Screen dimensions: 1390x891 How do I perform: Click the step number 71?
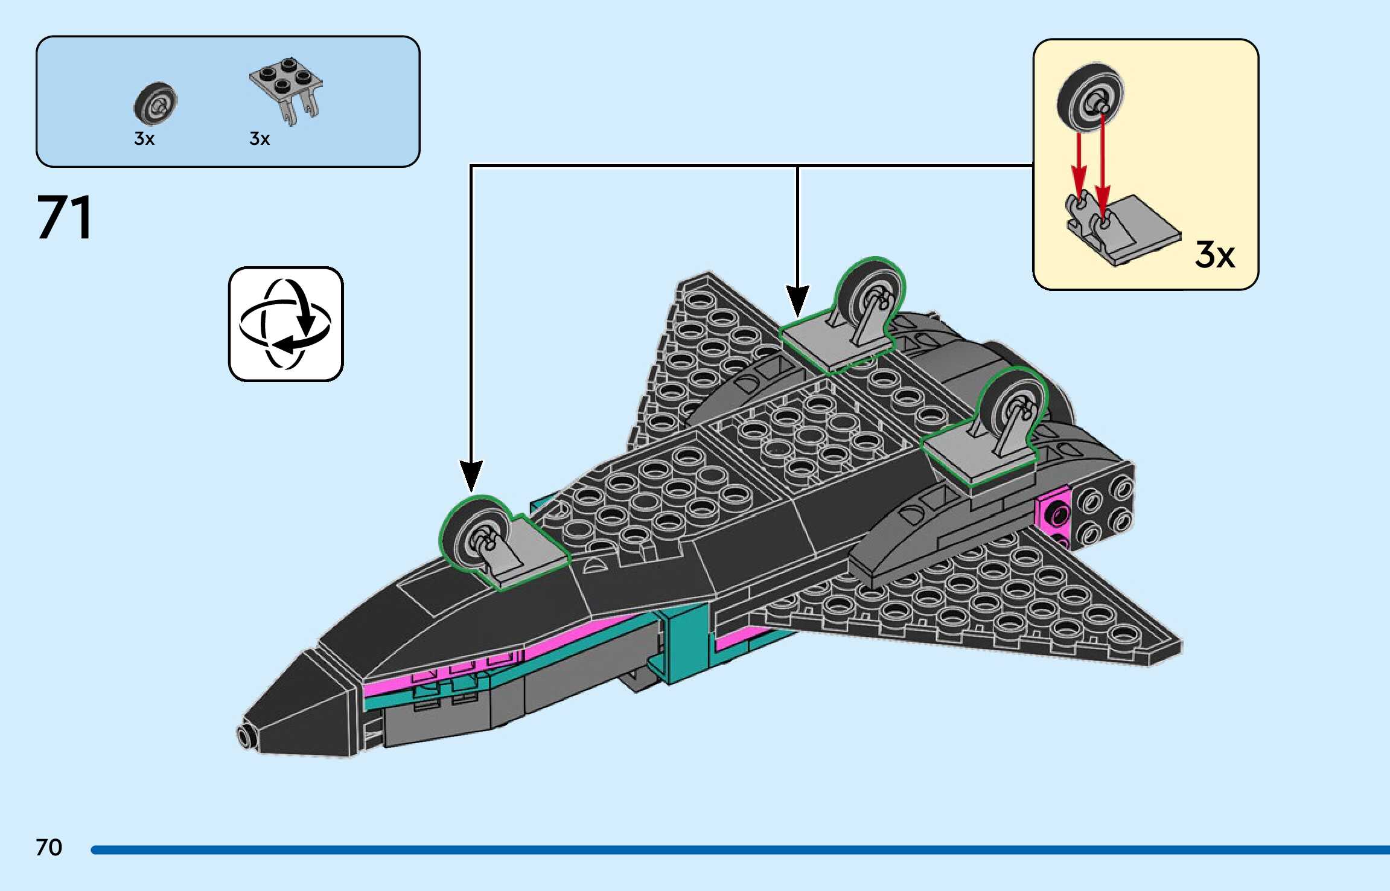point(65,217)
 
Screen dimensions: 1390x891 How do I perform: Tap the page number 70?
point(49,848)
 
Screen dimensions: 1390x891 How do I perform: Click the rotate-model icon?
point(285,324)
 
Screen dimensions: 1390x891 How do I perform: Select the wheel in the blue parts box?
point(155,103)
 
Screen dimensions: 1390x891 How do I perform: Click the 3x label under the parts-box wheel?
point(144,139)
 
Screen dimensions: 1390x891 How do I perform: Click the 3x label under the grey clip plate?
point(260,139)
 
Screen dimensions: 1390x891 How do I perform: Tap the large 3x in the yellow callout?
point(1215,254)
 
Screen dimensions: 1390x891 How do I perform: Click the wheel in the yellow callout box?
point(1091,96)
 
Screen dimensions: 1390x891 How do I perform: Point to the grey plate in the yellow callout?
point(1123,229)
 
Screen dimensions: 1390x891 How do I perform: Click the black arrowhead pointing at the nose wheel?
point(471,476)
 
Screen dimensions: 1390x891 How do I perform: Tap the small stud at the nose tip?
point(245,736)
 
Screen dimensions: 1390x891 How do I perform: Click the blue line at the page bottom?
point(740,850)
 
